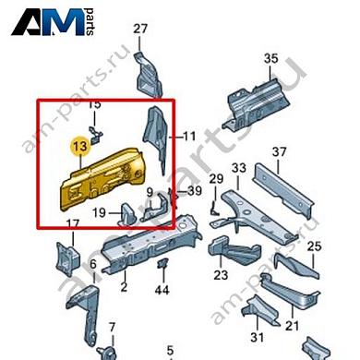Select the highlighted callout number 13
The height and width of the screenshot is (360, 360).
tap(79, 145)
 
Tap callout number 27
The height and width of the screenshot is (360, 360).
tap(139, 30)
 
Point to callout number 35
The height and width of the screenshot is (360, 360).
tap(270, 59)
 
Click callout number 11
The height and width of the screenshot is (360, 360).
tap(189, 136)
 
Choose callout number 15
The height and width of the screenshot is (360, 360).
tap(93, 105)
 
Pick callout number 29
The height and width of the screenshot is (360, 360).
tap(216, 178)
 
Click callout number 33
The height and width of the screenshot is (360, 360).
tap(239, 168)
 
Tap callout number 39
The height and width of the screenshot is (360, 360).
tap(194, 190)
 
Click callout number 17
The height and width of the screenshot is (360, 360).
tap(71, 224)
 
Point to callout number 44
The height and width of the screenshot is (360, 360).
tap(163, 290)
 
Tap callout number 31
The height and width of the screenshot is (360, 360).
tap(258, 336)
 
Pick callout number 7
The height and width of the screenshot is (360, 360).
tap(111, 327)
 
